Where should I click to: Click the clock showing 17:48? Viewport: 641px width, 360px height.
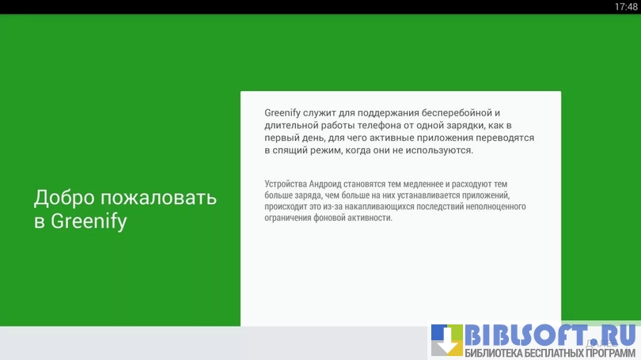626,6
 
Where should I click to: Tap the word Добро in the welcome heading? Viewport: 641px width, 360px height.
64,197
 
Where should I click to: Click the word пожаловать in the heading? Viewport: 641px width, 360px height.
158,199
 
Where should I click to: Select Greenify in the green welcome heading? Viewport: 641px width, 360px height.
89,222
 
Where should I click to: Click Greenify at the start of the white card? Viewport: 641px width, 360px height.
283,113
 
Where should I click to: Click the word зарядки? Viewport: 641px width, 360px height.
464,126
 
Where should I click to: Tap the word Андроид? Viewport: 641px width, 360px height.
325,184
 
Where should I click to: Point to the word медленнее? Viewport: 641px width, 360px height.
423,184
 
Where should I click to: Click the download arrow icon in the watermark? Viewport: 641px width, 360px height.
447,340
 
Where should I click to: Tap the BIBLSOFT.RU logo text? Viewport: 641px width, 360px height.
550,336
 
